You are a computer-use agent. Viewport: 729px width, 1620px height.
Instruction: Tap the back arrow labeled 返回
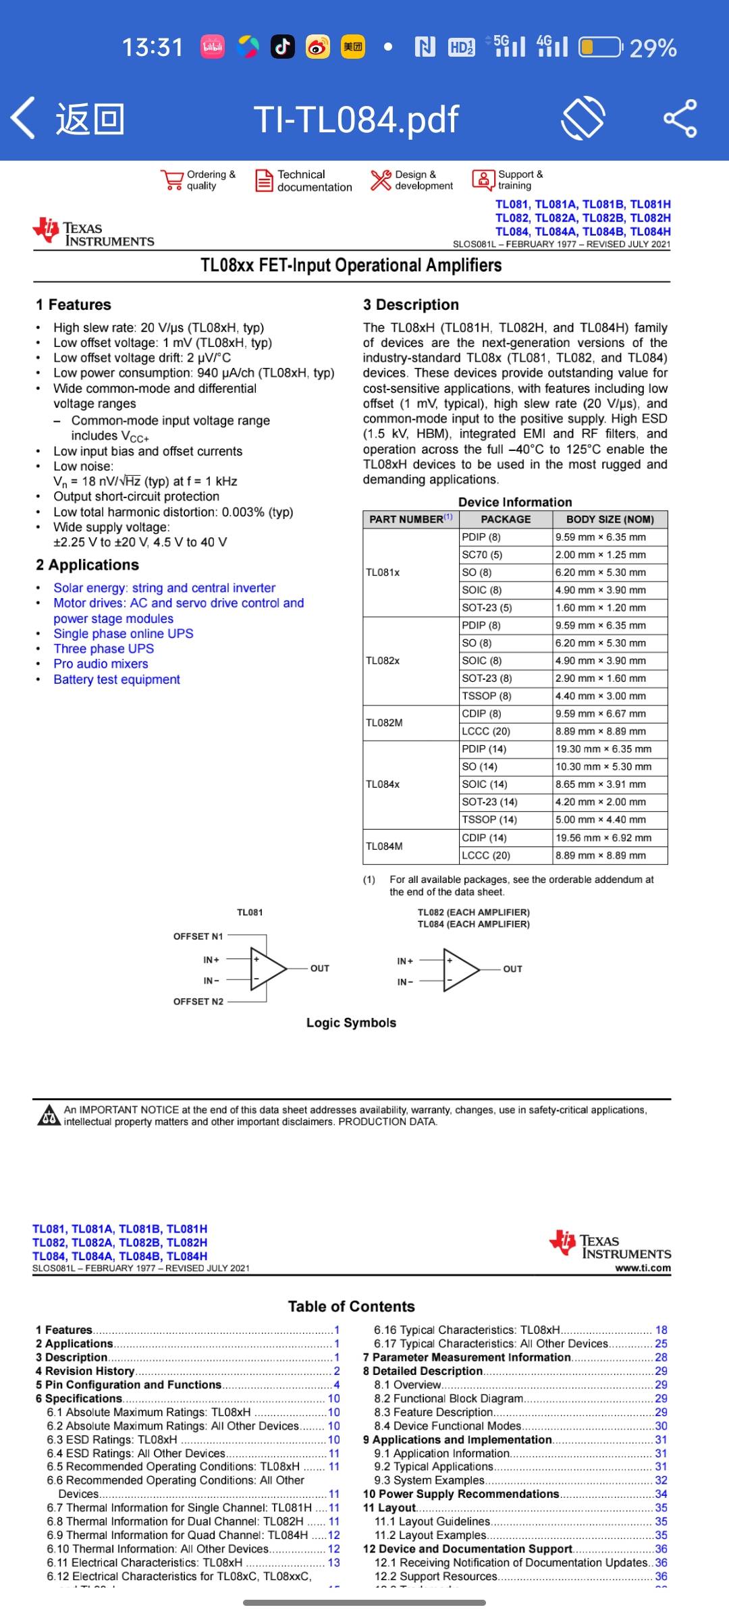(x=67, y=119)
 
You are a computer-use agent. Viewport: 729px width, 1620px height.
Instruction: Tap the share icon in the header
(x=680, y=119)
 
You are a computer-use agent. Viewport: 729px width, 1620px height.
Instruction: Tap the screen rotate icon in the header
(x=583, y=119)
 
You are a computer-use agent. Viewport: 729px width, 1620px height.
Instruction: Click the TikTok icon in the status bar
(x=282, y=47)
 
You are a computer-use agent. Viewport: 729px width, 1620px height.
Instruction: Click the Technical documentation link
(x=304, y=181)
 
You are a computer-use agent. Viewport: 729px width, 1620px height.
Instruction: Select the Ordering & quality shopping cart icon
(x=172, y=180)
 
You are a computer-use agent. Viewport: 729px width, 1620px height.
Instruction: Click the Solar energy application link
(x=164, y=588)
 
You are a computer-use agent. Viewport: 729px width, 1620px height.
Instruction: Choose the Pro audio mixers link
(x=101, y=664)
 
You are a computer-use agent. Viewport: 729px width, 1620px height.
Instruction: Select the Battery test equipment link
(x=117, y=679)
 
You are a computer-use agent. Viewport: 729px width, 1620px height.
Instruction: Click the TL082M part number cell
(x=384, y=723)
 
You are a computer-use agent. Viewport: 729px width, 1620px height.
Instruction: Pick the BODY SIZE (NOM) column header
(x=610, y=519)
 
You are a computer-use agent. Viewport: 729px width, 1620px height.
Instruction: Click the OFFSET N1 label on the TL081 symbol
(x=198, y=936)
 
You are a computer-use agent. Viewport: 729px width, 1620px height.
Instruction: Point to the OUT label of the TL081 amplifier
(x=319, y=968)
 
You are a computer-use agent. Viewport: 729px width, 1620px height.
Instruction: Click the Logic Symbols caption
(x=351, y=1023)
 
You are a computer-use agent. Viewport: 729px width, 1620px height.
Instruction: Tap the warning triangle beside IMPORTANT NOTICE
(x=48, y=1115)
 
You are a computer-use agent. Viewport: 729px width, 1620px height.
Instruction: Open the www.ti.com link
(x=643, y=1268)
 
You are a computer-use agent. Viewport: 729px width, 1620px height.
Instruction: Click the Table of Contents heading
(x=351, y=1306)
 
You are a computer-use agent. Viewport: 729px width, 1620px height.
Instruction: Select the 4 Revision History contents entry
(x=85, y=1371)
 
